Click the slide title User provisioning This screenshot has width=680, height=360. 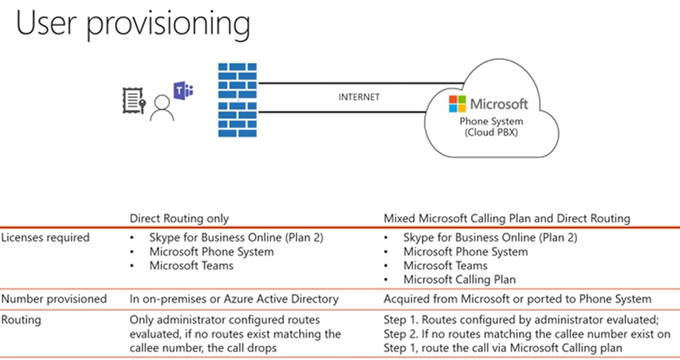point(133,25)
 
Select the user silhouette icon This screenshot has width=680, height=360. point(162,108)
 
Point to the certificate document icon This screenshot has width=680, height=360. point(133,101)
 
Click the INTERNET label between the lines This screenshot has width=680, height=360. point(359,97)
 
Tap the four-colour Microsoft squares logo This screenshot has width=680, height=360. point(458,104)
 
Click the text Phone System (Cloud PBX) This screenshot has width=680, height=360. point(491,127)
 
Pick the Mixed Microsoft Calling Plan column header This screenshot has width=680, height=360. point(507,218)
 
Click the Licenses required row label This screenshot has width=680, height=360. point(45,237)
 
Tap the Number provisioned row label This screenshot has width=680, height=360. point(54,299)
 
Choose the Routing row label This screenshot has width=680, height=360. point(21,319)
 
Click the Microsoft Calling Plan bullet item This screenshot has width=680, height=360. point(460,280)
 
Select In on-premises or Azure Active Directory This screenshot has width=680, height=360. point(234,299)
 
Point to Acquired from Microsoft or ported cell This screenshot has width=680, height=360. point(517,299)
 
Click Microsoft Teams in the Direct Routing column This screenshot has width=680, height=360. point(191,266)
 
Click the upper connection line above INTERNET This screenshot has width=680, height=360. point(359,84)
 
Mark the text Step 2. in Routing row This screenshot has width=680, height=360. point(400,333)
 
